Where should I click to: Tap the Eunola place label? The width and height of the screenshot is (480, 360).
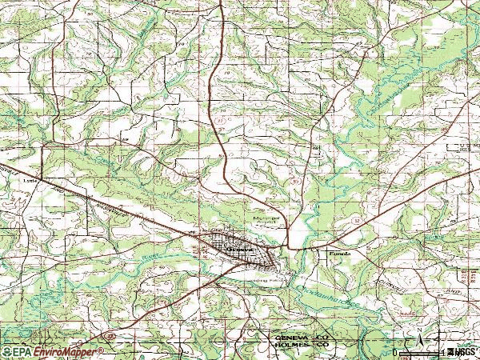point(333,254)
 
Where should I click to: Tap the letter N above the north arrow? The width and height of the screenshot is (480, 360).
point(418,330)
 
